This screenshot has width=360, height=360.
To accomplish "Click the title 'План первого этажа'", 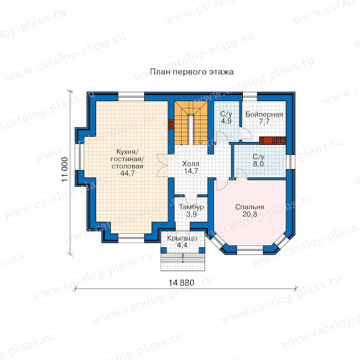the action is pos(192,72).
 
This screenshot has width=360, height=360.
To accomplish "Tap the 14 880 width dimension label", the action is pos(181,283).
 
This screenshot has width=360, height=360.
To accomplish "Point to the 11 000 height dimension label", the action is pos(65,170).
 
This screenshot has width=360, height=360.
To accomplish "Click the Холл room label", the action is pos(190,164).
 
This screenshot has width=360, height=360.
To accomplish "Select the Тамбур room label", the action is pos(192,207).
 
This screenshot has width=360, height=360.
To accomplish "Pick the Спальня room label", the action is pos(250,207).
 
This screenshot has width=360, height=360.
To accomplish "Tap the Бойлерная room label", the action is pos(264,114).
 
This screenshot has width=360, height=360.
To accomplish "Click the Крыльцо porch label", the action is pos(182,238).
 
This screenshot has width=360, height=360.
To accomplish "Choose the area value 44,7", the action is pos(128,173).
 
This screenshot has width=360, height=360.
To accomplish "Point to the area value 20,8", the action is pos(250,214).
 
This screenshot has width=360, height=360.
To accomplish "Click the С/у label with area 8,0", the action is pos(258,157).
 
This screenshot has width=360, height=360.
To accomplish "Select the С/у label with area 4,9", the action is pos(226,114).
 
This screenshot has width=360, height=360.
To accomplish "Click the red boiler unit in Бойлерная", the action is pos(272,140).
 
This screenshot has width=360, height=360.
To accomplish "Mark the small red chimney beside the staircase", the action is pos(171,124).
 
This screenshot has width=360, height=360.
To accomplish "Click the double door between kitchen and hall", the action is pos(163,165).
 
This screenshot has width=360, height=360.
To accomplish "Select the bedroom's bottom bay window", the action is pos(250,250).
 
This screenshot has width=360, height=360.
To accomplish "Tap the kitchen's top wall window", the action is pos(131,96).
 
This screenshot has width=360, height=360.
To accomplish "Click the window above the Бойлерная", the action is pos(250,96).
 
